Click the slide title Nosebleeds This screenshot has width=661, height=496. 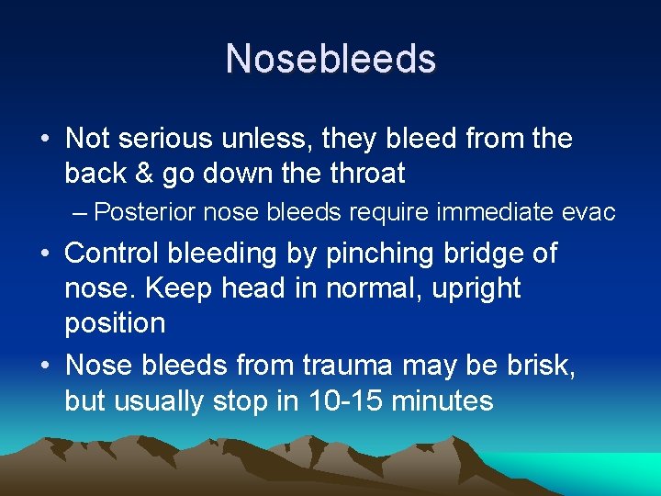click(x=330, y=59)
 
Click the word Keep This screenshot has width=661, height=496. click(x=167, y=288)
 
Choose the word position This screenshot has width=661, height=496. click(x=115, y=323)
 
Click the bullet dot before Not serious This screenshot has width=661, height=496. click(x=45, y=140)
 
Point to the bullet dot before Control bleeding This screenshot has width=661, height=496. click(x=45, y=254)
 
